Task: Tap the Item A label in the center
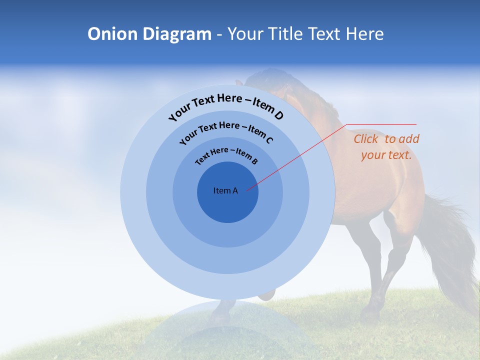tap(225, 190)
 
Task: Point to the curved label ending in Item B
tap(226, 155)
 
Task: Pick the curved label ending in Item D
tap(226, 106)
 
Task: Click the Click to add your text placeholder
tap(386, 146)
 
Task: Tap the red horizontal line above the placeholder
tap(381, 124)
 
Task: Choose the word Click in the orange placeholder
tap(366, 139)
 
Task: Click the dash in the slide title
tap(219, 34)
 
